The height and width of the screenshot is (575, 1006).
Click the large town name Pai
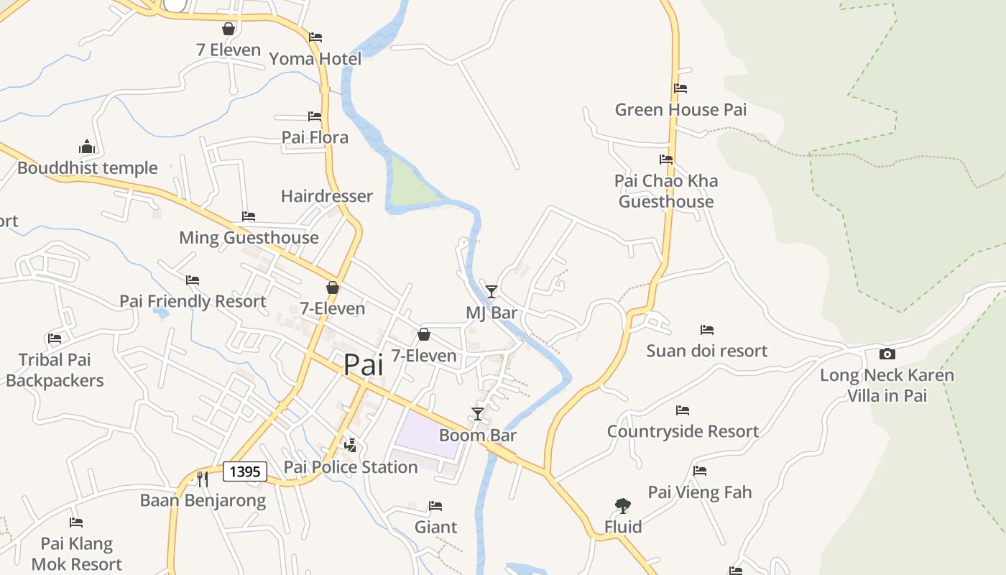363,365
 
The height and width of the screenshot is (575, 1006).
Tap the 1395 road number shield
245,471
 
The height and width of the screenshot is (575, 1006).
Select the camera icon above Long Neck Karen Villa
887,354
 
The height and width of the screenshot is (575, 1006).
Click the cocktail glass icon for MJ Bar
492,291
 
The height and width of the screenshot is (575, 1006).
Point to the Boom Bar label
478,436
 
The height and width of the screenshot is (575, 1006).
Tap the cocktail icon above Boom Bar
478,414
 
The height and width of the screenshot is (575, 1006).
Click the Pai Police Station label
351,467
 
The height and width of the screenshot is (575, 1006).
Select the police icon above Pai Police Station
351,446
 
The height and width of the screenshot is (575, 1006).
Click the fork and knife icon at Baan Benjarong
203,479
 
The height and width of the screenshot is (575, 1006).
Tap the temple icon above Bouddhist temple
87,147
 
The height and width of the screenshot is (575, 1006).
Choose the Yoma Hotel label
315,59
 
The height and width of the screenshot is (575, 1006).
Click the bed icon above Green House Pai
680,88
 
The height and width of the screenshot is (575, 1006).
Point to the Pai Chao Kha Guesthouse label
666,191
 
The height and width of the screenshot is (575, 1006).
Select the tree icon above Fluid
623,506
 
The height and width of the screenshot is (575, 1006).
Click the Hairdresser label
327,196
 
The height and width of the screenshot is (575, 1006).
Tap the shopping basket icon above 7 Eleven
229,29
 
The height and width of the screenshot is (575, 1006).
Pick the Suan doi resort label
707,351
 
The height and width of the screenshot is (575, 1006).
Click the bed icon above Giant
435,506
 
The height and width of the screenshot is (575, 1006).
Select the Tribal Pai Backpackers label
55,370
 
